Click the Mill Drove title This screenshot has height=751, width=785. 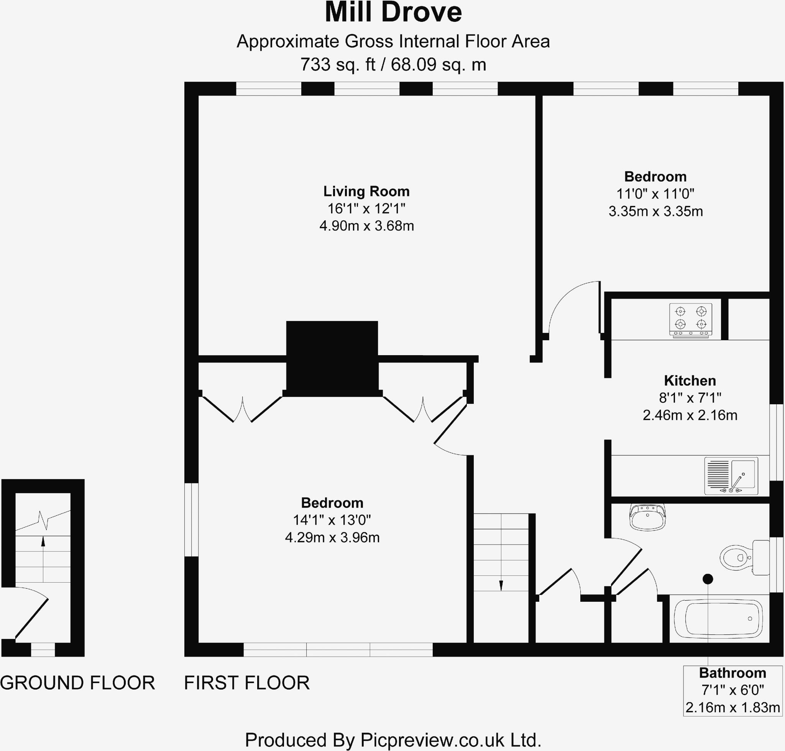pyautogui.click(x=393, y=13)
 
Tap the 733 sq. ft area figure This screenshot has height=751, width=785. pyautogui.click(x=337, y=64)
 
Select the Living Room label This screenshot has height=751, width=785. pyautogui.click(x=366, y=191)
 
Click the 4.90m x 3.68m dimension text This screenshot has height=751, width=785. pyautogui.click(x=366, y=226)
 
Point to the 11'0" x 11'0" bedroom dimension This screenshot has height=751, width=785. pyautogui.click(x=655, y=194)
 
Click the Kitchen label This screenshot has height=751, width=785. pyautogui.click(x=690, y=380)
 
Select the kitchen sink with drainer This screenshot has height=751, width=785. pyautogui.click(x=731, y=476)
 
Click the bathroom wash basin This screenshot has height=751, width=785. pyautogui.click(x=647, y=517)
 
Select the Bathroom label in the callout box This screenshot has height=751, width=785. pyautogui.click(x=732, y=673)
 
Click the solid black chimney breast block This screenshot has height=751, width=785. pyautogui.click(x=332, y=358)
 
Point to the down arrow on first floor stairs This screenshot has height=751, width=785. pyautogui.click(x=501, y=585)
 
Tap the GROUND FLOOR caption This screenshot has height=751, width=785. pyautogui.click(x=77, y=683)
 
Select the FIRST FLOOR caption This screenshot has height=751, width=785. pyautogui.click(x=246, y=683)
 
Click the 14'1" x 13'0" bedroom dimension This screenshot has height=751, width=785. pyautogui.click(x=332, y=520)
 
